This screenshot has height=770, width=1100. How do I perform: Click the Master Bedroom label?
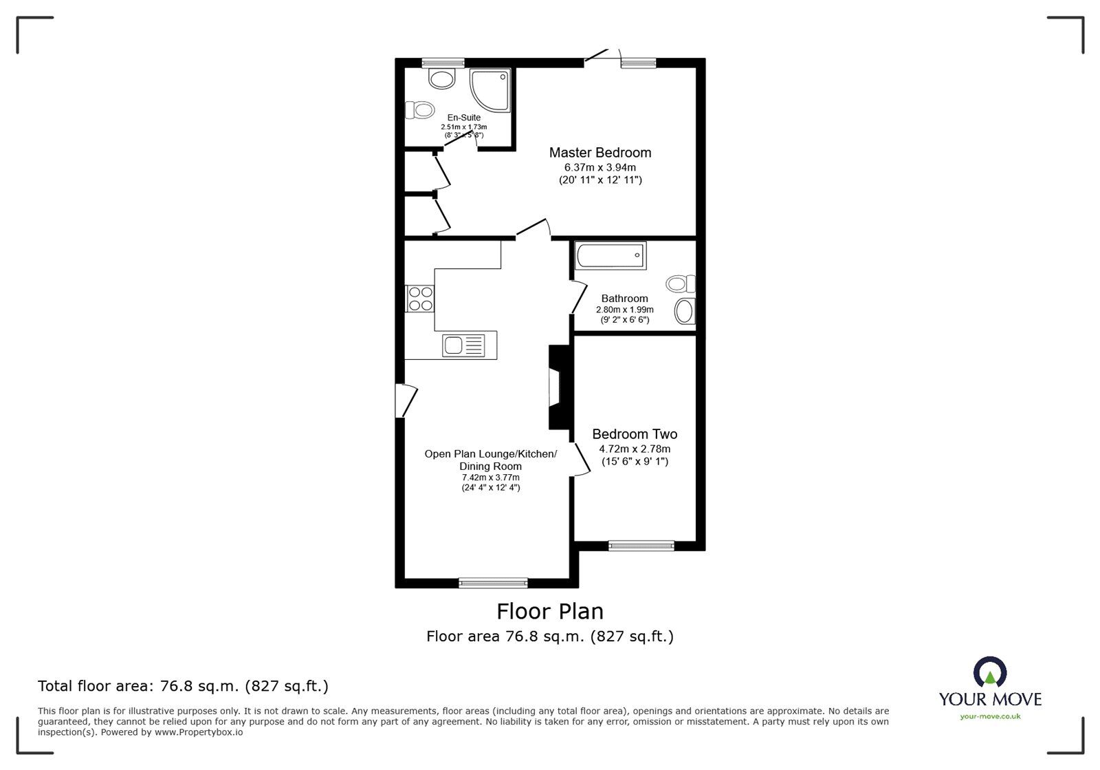(600, 153)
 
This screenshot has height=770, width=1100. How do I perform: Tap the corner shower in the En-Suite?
(489, 90)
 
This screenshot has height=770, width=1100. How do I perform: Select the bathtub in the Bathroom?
(610, 255)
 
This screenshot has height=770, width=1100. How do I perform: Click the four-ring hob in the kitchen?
(420, 299)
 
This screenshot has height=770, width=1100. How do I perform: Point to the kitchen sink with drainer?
(463, 345)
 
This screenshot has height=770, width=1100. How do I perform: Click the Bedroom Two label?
(635, 434)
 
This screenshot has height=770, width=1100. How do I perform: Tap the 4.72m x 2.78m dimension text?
(635, 449)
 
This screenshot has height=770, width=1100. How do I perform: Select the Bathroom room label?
(625, 299)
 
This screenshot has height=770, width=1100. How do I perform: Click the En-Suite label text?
(463, 118)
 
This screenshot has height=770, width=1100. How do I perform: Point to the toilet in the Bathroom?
(681, 284)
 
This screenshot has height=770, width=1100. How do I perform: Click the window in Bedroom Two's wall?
(641, 546)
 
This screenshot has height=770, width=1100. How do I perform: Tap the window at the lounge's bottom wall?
(493, 583)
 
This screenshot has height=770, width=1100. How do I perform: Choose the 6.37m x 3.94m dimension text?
(600, 168)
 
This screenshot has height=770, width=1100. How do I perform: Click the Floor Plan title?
(550, 612)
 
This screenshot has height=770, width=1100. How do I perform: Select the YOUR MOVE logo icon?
(990, 672)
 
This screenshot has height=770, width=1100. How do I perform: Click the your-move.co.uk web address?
(990, 717)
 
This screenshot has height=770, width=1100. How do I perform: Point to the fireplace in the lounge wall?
(560, 387)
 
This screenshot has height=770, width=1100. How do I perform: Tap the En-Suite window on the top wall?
(443, 63)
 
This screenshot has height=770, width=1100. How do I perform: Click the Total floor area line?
(183, 686)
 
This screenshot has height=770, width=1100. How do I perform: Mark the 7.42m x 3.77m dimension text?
(491, 478)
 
